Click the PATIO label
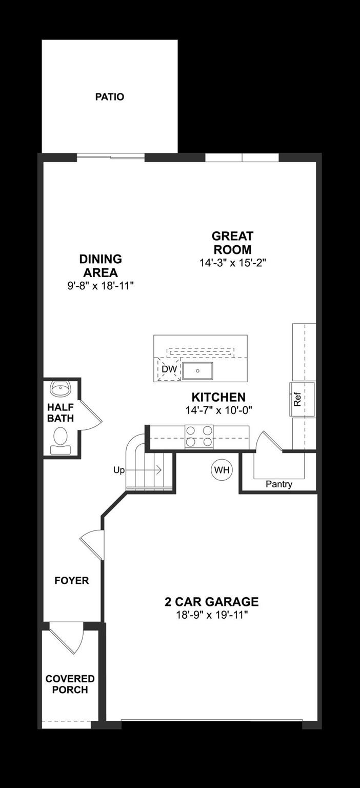click(x=110, y=96)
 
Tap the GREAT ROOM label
click(x=232, y=243)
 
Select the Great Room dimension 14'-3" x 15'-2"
click(x=232, y=263)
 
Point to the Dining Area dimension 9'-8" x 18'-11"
click(x=101, y=286)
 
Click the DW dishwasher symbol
click(x=169, y=369)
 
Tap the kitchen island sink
click(x=197, y=370)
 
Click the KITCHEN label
click(x=218, y=397)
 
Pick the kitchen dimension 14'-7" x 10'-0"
click(x=218, y=410)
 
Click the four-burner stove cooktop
click(x=199, y=436)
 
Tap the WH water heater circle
click(x=222, y=470)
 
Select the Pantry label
click(x=279, y=484)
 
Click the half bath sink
click(x=61, y=389)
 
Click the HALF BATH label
click(x=61, y=413)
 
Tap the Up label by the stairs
click(x=118, y=470)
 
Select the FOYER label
click(x=72, y=580)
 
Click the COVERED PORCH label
click(x=70, y=684)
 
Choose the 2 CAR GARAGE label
click(x=211, y=602)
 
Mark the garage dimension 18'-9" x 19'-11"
click(x=211, y=615)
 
